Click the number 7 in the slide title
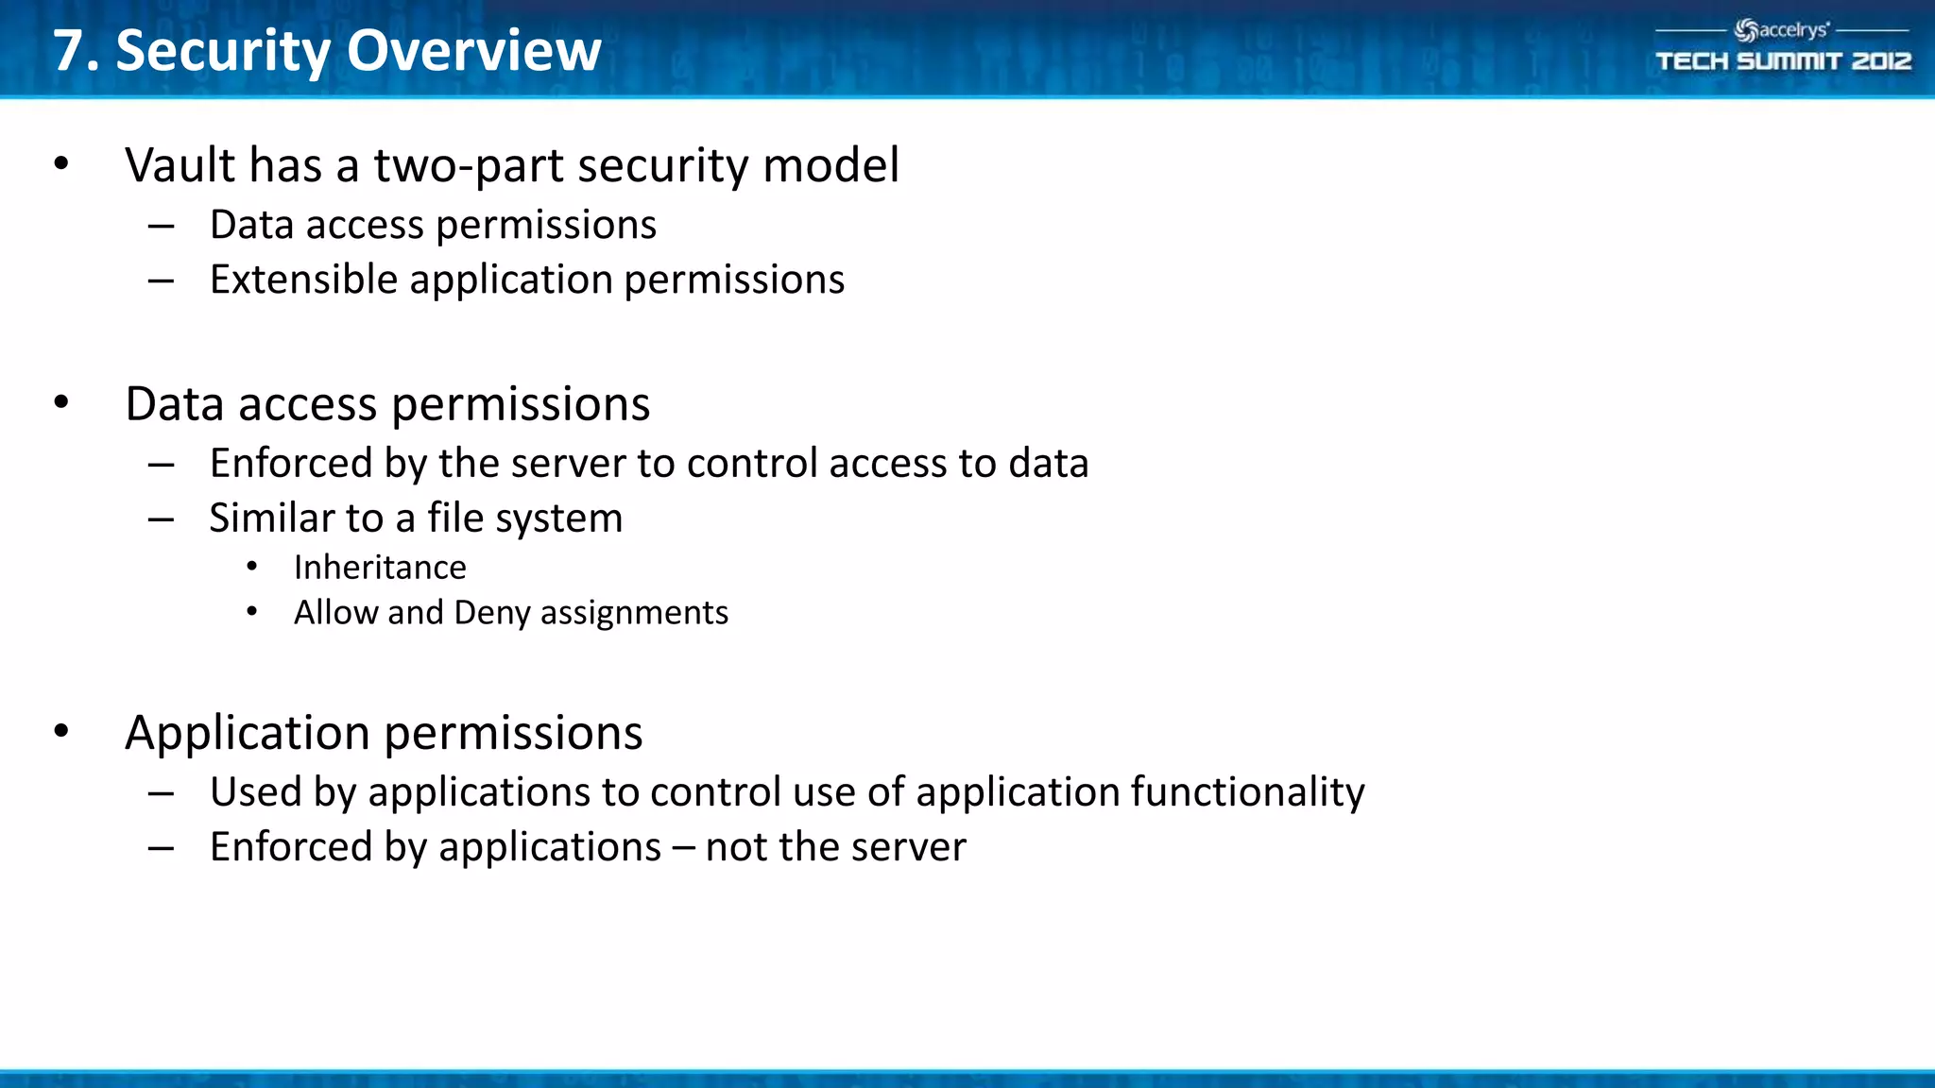point(69,51)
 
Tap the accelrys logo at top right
point(1781,30)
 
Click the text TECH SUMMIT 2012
point(1783,61)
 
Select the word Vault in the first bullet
point(180,165)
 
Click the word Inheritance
point(380,568)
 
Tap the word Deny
point(491,614)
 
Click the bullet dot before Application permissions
point(61,731)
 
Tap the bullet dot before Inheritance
point(251,567)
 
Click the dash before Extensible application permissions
point(161,280)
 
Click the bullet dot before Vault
point(61,164)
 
